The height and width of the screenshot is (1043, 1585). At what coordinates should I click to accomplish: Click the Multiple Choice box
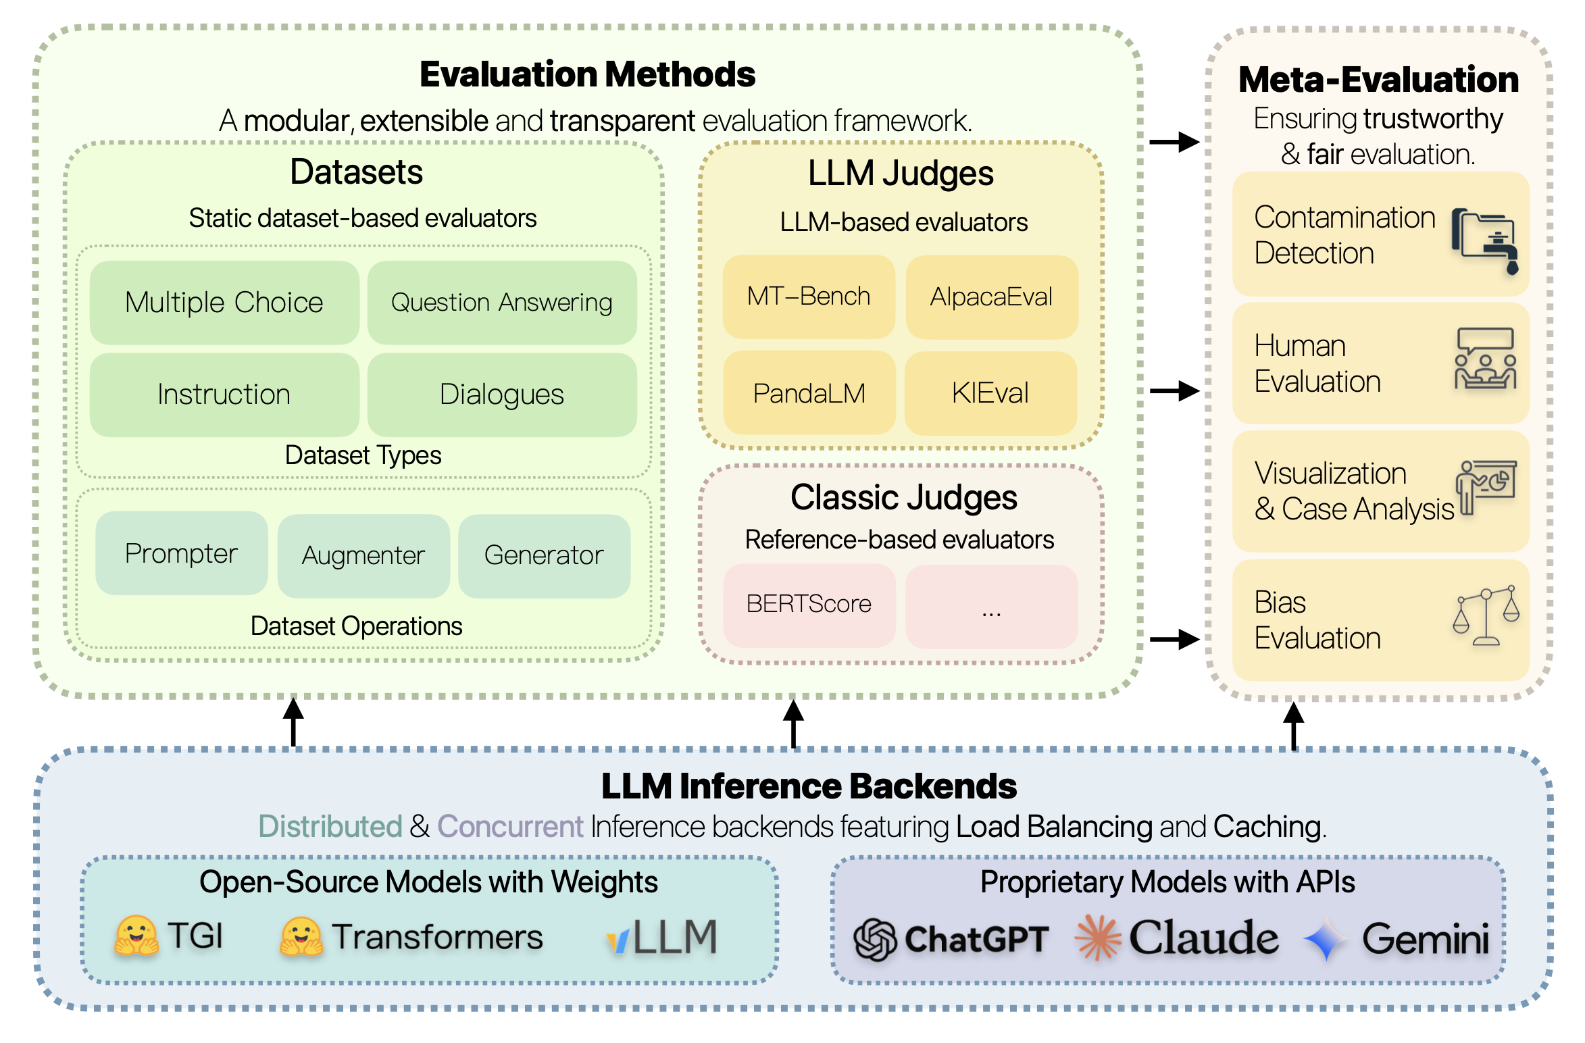(224, 302)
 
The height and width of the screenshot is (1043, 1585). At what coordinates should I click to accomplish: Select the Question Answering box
(502, 302)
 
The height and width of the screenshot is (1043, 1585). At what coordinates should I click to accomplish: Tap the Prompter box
(182, 553)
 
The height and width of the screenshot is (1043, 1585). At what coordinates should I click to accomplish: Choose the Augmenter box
(363, 556)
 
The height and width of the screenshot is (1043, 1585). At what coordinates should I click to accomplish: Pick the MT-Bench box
(809, 297)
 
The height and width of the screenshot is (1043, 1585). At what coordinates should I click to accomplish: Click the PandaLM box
(809, 392)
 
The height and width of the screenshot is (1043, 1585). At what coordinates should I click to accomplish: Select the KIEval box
(990, 393)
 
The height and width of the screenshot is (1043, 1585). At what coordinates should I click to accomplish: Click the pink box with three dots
(991, 607)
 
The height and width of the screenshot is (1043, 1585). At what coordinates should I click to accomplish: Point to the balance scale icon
(1486, 615)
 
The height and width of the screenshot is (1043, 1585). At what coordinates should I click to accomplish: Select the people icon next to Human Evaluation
(1485, 359)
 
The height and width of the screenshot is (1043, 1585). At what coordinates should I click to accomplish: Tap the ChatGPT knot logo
(875, 939)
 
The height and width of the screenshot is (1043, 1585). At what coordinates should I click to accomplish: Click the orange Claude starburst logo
(1098, 938)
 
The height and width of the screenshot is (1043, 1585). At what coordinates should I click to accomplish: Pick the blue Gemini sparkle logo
(1326, 939)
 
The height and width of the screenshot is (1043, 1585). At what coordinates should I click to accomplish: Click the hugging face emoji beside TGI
(136, 936)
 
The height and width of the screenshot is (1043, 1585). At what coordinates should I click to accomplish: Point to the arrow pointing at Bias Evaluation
(1174, 639)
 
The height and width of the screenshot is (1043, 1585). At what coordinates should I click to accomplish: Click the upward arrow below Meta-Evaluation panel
(1293, 726)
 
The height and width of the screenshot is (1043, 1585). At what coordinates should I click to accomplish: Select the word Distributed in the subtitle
(330, 826)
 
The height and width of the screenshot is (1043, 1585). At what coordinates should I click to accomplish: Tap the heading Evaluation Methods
(588, 74)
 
